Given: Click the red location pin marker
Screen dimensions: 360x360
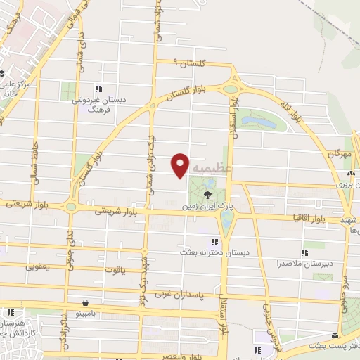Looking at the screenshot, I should pyautogui.click(x=180, y=165).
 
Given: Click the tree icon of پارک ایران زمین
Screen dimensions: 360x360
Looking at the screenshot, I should pyautogui.click(x=207, y=193).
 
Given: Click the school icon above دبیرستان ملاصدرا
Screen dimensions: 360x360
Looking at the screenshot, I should pyautogui.click(x=305, y=252).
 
